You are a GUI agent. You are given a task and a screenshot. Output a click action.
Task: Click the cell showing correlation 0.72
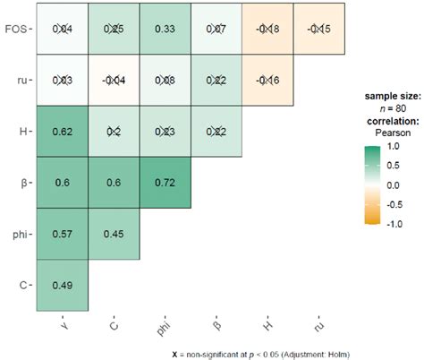tap(163, 183)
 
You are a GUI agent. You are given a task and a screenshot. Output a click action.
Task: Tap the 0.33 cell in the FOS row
tap(163, 30)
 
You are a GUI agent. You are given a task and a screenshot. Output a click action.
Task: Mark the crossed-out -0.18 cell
tap(265, 30)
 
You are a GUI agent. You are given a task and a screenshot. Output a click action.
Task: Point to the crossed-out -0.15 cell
tap(316, 30)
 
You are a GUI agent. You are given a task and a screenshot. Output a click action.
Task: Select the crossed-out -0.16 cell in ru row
tap(265, 81)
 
